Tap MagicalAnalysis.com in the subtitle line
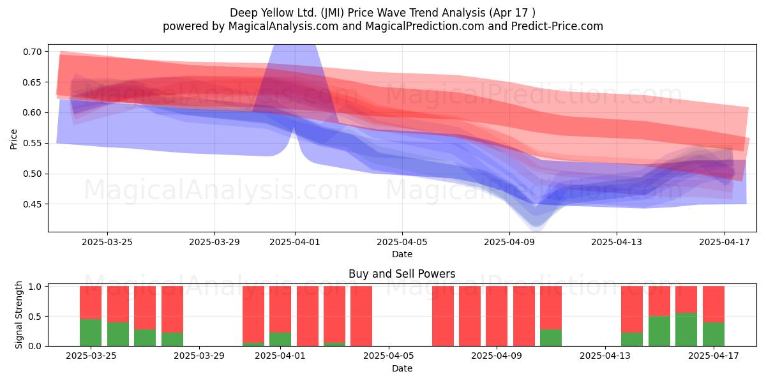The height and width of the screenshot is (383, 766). click(x=283, y=26)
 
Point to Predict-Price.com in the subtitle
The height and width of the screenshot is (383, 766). click(x=557, y=26)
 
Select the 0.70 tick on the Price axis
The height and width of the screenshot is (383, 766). click(x=32, y=52)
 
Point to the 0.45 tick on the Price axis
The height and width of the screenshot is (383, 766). click(x=32, y=204)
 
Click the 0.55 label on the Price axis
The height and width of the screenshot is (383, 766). click(x=32, y=143)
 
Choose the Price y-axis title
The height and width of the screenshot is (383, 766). click(x=13, y=139)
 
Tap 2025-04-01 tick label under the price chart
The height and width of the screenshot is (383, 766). click(x=295, y=242)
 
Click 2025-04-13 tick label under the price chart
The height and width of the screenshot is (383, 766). click(x=617, y=242)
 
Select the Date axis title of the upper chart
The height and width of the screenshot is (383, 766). click(x=402, y=254)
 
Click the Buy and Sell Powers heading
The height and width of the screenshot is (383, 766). click(x=402, y=274)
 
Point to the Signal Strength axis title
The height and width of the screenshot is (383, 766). click(x=19, y=315)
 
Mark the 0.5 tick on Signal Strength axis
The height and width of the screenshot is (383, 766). click(x=35, y=317)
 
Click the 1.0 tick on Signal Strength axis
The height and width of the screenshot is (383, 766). click(x=35, y=287)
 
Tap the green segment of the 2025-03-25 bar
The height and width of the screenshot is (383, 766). click(x=91, y=333)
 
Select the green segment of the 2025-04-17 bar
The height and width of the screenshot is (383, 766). click(x=714, y=334)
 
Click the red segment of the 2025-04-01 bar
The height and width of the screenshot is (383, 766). click(x=280, y=309)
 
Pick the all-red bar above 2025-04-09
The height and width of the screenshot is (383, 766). click(x=497, y=316)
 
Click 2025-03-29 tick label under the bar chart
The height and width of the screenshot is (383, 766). click(x=199, y=356)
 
